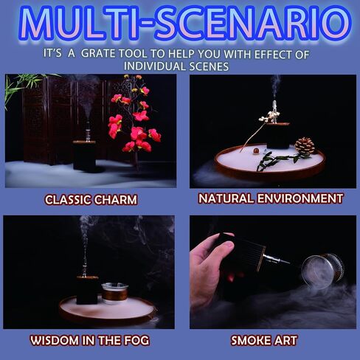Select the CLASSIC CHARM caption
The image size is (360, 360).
point(91,199)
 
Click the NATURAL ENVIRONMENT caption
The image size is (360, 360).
point(271,198)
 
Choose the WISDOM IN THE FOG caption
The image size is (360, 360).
point(91,340)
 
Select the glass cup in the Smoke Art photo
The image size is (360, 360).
point(322,270)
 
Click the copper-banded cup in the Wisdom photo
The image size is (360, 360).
point(114,292)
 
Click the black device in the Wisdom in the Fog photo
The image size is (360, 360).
point(86,289)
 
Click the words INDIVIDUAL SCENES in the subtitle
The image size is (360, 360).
point(179,66)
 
